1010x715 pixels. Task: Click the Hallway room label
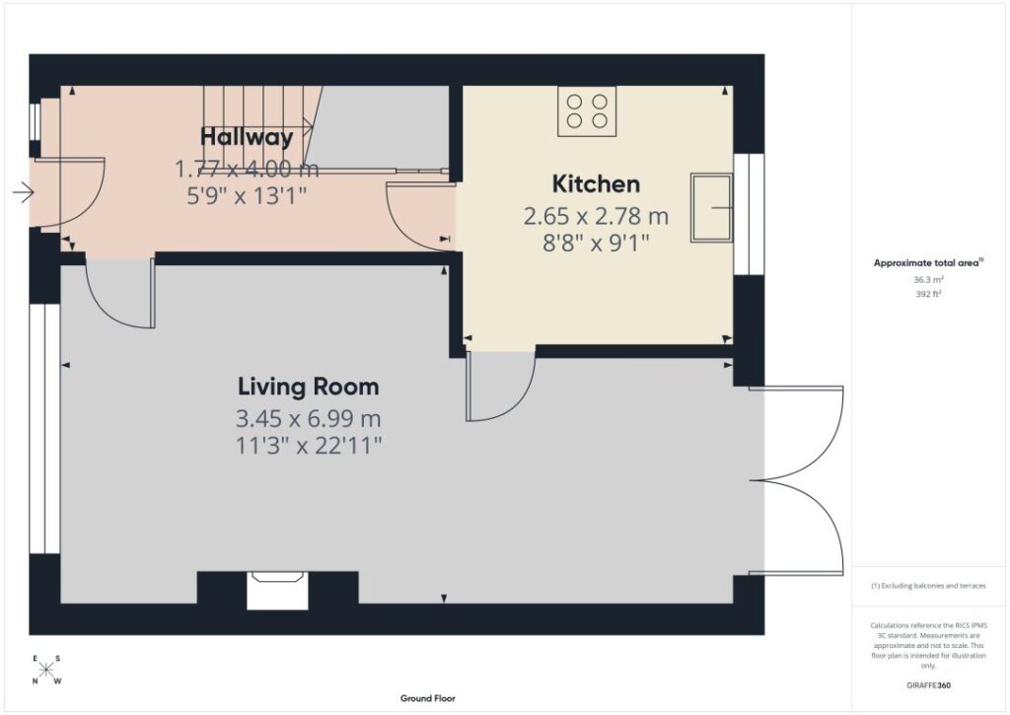(247, 136)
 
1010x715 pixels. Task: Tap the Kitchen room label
(596, 183)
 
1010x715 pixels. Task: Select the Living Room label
(309, 387)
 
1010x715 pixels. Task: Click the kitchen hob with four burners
(587, 111)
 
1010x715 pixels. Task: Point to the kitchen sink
(712, 207)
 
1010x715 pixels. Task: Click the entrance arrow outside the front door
(24, 192)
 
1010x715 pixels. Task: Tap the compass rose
(45, 670)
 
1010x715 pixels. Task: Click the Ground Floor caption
(428, 698)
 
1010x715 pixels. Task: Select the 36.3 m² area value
(928, 279)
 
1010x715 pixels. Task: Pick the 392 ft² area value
(928, 294)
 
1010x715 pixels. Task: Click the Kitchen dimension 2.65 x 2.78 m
(596, 216)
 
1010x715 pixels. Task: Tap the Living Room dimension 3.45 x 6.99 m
(309, 419)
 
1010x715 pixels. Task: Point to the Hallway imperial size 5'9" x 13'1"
(247, 195)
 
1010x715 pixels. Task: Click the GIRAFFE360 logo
(928, 685)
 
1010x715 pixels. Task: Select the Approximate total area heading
(928, 262)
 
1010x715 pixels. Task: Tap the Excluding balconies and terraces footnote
(928, 586)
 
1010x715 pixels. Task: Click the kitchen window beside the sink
(748, 215)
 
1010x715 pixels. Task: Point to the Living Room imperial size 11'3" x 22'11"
(309, 446)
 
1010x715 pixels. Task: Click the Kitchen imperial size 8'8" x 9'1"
(596, 244)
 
